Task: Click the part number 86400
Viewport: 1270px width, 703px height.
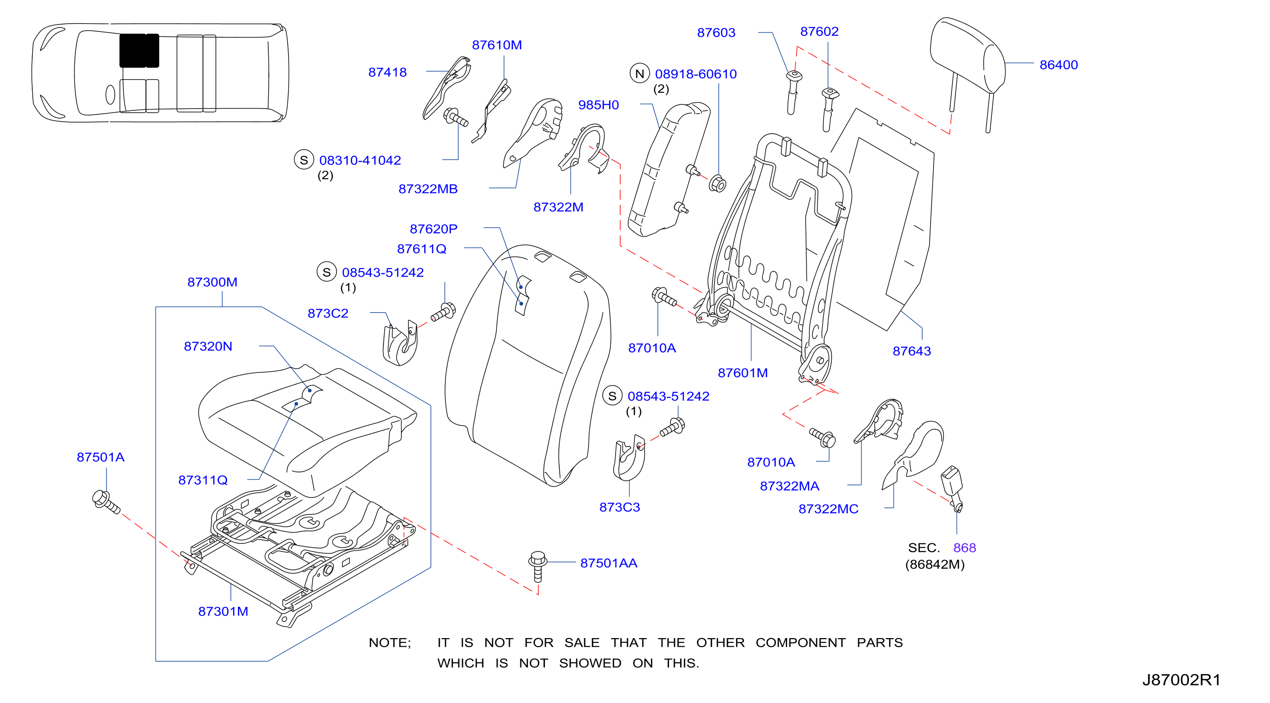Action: click(1058, 64)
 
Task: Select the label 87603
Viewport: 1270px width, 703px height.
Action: click(716, 33)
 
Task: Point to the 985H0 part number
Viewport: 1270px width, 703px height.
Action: click(598, 105)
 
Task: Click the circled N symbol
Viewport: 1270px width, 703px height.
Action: click(639, 73)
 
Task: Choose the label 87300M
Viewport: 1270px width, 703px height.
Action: click(212, 282)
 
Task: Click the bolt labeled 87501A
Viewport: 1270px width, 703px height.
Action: click(106, 502)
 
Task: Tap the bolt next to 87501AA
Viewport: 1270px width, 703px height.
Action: click(537, 566)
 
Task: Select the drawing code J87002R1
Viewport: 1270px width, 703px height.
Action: click(1181, 680)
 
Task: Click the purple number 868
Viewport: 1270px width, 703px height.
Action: click(964, 548)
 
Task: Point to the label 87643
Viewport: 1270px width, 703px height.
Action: click(912, 351)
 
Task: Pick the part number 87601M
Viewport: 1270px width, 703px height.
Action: click(743, 373)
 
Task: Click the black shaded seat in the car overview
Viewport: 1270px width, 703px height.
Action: click(139, 50)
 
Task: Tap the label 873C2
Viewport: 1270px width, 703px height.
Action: click(328, 313)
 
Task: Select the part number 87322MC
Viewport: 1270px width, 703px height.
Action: click(828, 509)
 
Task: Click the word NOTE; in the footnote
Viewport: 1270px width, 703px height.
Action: click(390, 642)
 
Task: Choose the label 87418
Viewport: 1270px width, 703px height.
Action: click(388, 72)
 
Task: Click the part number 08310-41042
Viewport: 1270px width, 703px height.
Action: click(360, 160)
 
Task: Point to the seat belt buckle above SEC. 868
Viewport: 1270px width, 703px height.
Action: click(952, 487)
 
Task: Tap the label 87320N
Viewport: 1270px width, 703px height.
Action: click(208, 346)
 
